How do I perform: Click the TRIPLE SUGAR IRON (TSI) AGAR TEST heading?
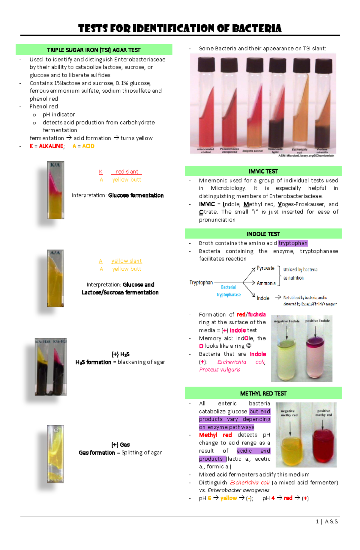click(94, 50)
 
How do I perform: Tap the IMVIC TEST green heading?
click(263, 171)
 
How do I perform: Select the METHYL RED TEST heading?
click(263, 394)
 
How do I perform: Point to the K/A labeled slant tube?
click(55, 190)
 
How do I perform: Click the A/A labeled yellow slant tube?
click(55, 279)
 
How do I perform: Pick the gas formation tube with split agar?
click(55, 454)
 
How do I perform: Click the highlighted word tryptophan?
click(293, 243)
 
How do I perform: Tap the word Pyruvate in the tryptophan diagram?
click(265, 268)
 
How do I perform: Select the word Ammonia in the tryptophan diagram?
click(266, 283)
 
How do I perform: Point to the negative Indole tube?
click(287, 357)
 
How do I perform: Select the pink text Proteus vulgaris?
click(220, 370)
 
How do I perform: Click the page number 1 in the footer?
click(317, 522)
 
